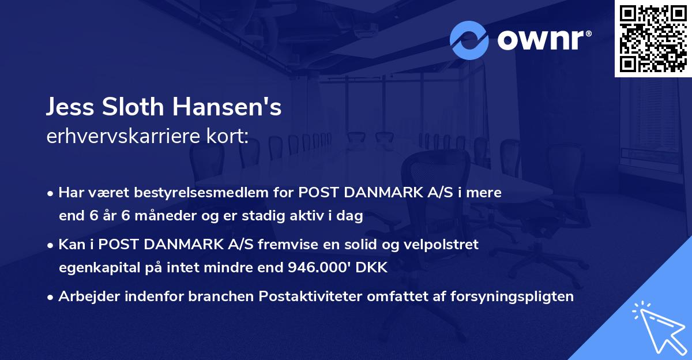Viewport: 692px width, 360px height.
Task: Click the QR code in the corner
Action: point(653,39)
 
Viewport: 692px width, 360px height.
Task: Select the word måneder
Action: point(149,216)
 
